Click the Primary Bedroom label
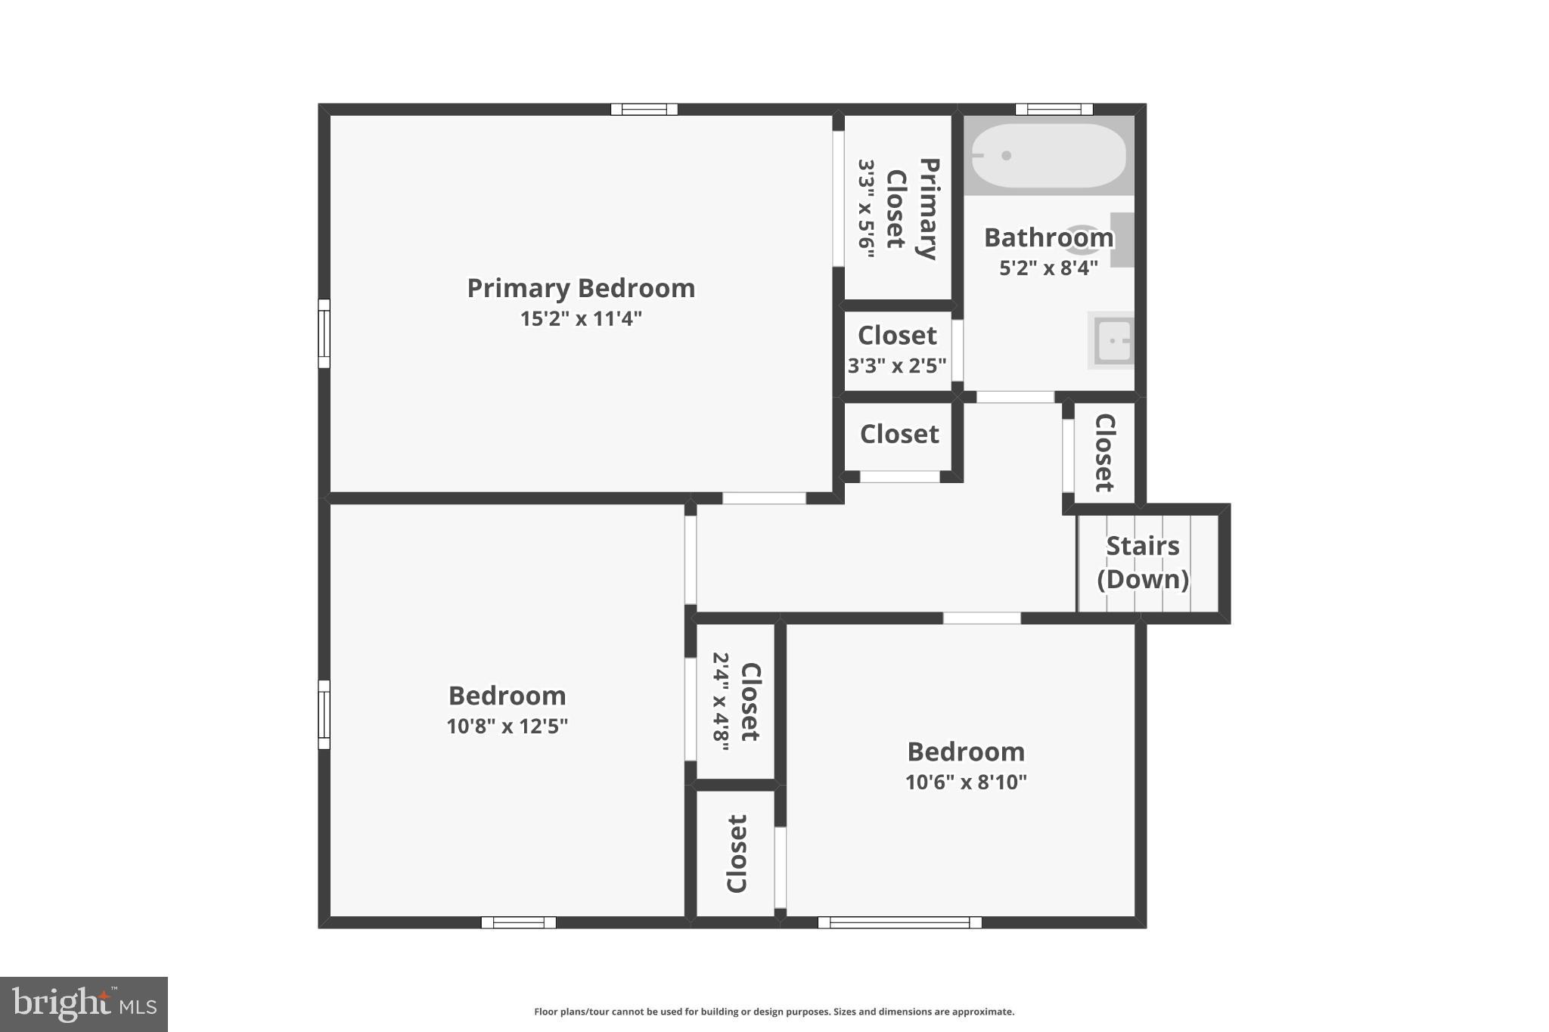pyautogui.click(x=580, y=288)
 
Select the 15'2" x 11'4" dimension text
pyautogui.click(x=580, y=319)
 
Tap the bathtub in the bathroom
pyautogui.click(x=1048, y=156)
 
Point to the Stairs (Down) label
pyautogui.click(x=1142, y=562)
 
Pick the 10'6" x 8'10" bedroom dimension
pyautogui.click(x=966, y=783)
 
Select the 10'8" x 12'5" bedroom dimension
pyautogui.click(x=507, y=727)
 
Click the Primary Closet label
pyautogui.click(x=912, y=209)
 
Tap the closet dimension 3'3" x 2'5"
pyautogui.click(x=897, y=366)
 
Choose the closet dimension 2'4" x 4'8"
pyautogui.click(x=721, y=702)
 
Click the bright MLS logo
pyautogui.click(x=83, y=1004)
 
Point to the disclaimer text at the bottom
pyautogui.click(x=774, y=1012)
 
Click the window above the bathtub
pyautogui.click(x=1054, y=109)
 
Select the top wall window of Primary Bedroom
pyautogui.click(x=644, y=109)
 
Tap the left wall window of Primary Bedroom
pyautogui.click(x=324, y=333)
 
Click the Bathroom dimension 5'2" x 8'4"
pyautogui.click(x=1048, y=268)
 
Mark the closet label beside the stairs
pyautogui.click(x=1104, y=452)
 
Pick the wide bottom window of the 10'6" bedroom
pyautogui.click(x=899, y=922)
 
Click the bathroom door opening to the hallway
pyautogui.click(x=1014, y=397)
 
